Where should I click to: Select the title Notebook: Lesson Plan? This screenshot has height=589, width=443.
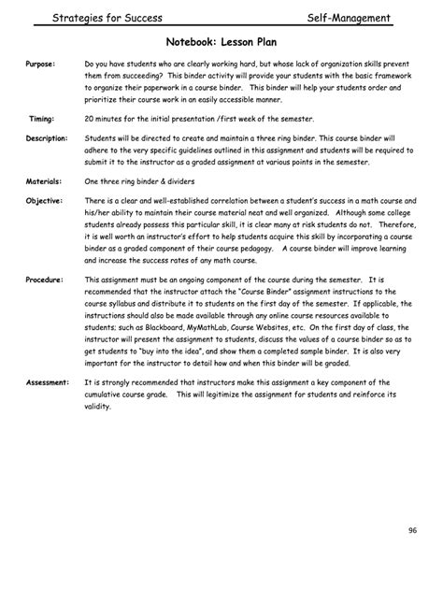click(x=221, y=41)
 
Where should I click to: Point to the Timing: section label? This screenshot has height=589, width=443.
click(x=42, y=120)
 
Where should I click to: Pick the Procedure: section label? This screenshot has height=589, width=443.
click(x=45, y=280)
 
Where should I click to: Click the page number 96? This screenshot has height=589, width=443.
click(x=412, y=531)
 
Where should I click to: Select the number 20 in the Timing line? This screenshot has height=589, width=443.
click(x=90, y=120)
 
